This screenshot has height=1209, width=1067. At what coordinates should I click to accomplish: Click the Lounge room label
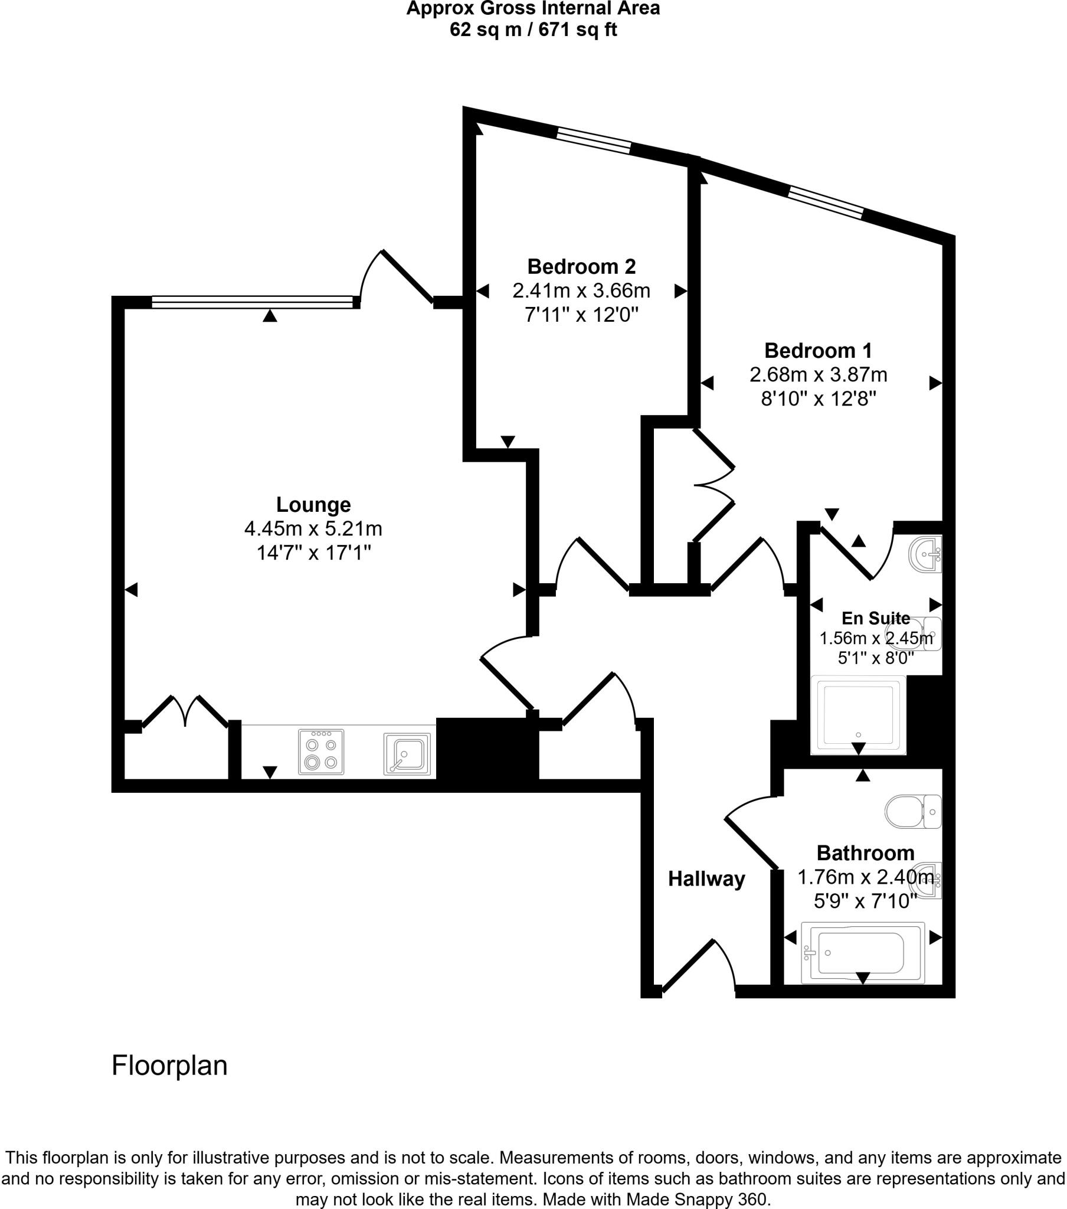point(313,505)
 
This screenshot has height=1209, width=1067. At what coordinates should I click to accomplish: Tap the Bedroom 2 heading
point(581,267)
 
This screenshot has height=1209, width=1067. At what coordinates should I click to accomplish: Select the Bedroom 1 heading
point(817,351)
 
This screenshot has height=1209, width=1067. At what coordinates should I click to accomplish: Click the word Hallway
point(706,879)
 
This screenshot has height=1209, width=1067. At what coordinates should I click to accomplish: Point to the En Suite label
point(875,618)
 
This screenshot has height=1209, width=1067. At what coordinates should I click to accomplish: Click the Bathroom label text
point(865,853)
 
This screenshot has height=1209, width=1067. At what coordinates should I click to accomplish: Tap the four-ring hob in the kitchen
point(321,751)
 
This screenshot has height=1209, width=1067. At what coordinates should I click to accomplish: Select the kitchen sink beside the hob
point(407,753)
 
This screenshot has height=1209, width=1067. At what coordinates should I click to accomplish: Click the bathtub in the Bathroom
point(862,953)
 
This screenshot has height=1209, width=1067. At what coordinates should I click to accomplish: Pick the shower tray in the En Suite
point(857,715)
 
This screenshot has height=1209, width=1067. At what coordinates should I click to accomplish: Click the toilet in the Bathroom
point(911,812)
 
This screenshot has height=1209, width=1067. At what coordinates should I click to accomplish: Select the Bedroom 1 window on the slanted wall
point(825,202)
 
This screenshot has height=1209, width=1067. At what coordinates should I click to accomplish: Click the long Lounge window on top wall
point(251,302)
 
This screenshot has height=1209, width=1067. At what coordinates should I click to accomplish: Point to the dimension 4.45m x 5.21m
point(313,528)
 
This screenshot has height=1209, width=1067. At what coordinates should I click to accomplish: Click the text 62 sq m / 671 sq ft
point(533,30)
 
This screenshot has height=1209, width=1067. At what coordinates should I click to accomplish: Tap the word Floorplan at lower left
point(169,1066)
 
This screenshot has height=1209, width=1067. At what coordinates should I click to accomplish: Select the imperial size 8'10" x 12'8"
point(817,399)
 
